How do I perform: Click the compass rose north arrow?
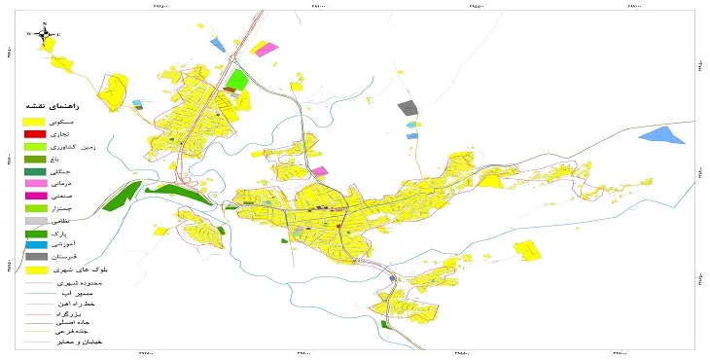45,35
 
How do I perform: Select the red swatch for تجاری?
35,133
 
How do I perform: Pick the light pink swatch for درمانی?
35,184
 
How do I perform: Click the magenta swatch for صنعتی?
35,196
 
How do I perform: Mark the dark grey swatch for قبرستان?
35,258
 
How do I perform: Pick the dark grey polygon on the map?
408,108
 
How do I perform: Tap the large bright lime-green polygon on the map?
238,79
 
